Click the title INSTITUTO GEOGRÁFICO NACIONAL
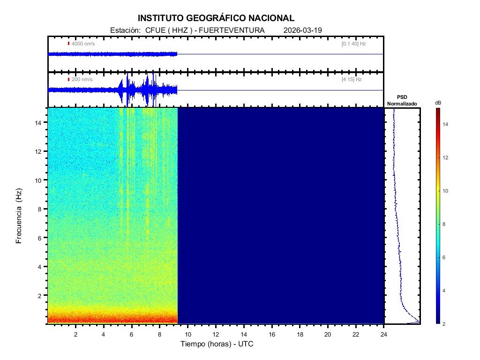click(x=216, y=18)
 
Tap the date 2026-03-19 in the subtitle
click(x=303, y=30)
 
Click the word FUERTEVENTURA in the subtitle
click(x=232, y=30)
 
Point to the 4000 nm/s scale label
click(x=82, y=44)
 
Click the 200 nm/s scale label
click(x=82, y=80)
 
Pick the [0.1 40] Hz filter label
click(x=353, y=44)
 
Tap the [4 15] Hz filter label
click(x=352, y=80)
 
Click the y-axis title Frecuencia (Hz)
click(x=19, y=216)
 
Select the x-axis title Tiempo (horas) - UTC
click(x=217, y=344)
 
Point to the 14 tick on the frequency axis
click(x=39, y=122)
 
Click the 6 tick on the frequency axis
click(x=41, y=238)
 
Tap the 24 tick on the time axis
click(x=384, y=334)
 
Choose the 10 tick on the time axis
click(x=187, y=334)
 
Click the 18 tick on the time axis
click(x=300, y=334)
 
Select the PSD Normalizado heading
click(x=402, y=100)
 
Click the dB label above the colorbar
click(x=438, y=103)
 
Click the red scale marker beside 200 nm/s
click(x=68, y=80)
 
